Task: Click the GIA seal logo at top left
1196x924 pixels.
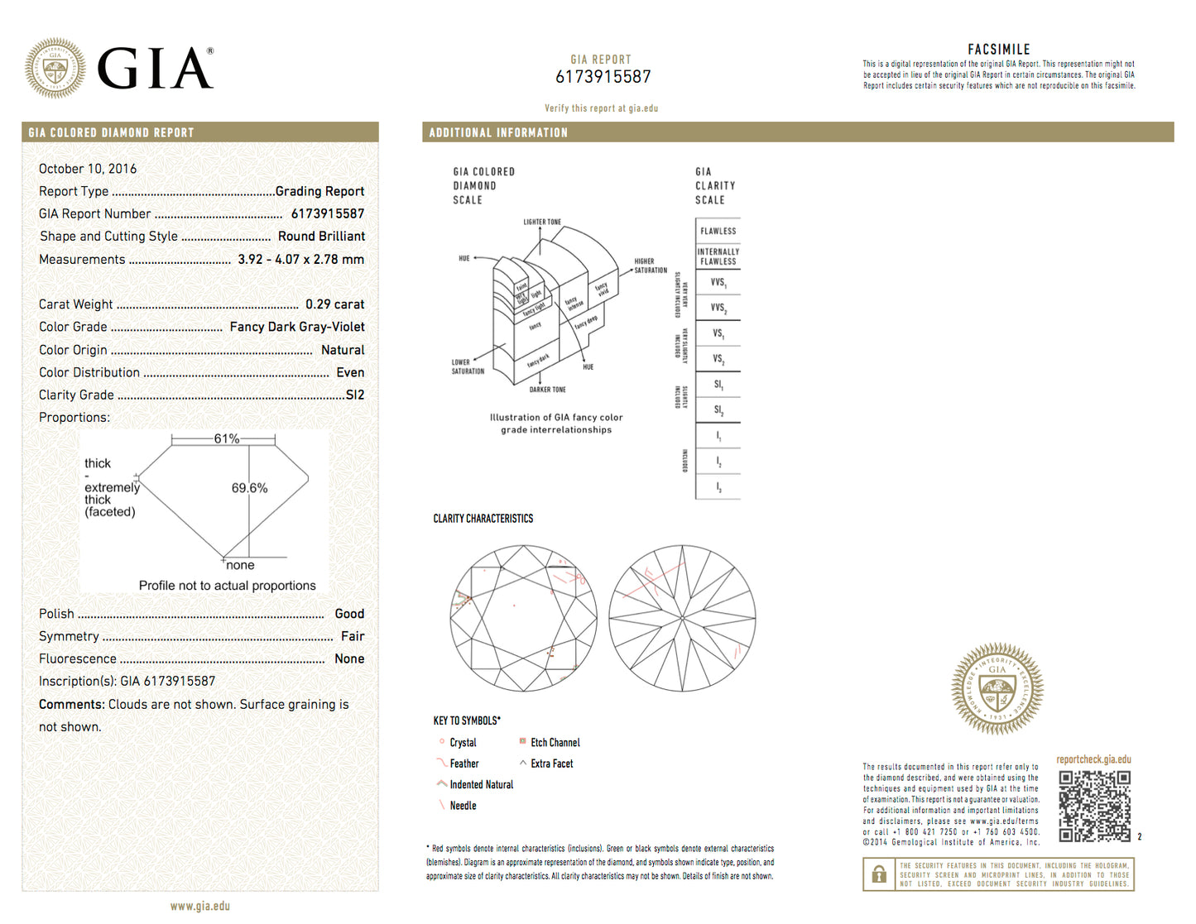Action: pyautogui.click(x=55, y=68)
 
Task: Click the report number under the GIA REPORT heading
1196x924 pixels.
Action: pyautogui.click(x=603, y=77)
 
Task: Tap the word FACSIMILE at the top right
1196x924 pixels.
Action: pyautogui.click(x=999, y=50)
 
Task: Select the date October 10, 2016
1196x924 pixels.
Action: pyautogui.click(x=88, y=169)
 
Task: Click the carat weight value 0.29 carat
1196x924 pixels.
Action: pyautogui.click(x=334, y=304)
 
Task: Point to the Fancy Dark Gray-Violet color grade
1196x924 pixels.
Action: pyautogui.click(x=297, y=327)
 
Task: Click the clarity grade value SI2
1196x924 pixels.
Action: pyautogui.click(x=355, y=395)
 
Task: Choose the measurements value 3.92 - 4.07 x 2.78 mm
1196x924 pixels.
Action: pyautogui.click(x=300, y=260)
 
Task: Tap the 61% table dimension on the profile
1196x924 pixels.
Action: pyautogui.click(x=226, y=438)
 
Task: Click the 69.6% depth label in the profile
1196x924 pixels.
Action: pyautogui.click(x=249, y=488)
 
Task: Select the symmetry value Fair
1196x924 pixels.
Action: pyautogui.click(x=353, y=636)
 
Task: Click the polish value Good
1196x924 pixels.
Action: pyautogui.click(x=349, y=614)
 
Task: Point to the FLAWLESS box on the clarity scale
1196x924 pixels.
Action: pyautogui.click(x=718, y=231)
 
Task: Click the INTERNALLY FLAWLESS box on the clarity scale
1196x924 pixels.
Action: pyautogui.click(x=718, y=256)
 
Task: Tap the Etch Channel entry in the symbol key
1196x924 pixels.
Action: pyautogui.click(x=555, y=743)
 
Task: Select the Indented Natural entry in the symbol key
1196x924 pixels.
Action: pyautogui.click(x=481, y=785)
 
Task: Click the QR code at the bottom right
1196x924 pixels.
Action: pyautogui.click(x=1094, y=806)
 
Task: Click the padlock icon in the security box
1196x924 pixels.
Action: pyautogui.click(x=879, y=874)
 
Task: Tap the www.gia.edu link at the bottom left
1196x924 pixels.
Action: pyautogui.click(x=200, y=906)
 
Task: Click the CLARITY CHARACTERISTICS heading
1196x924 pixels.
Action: pyautogui.click(x=483, y=519)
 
